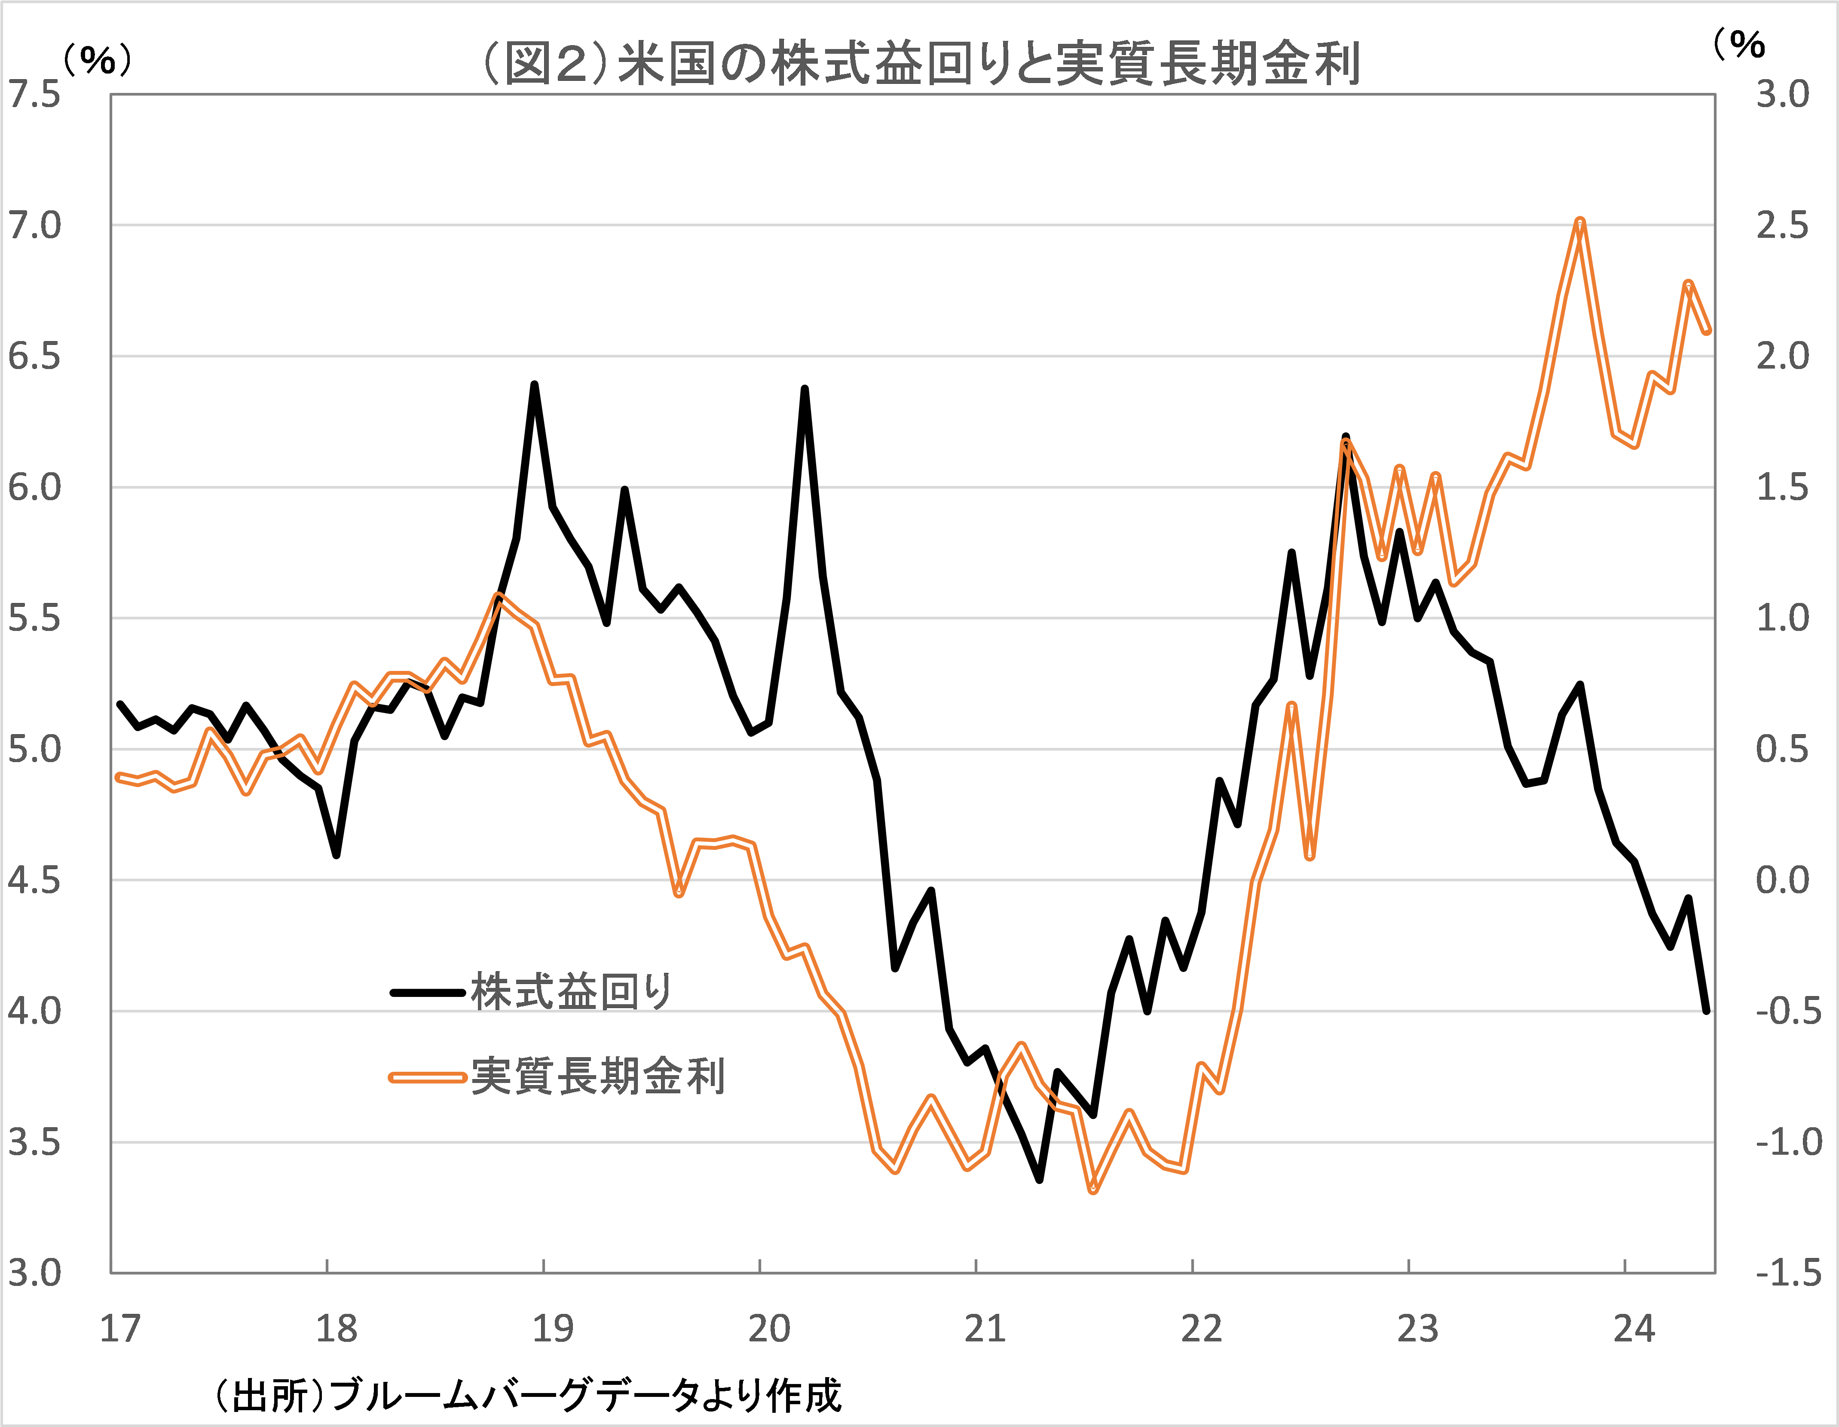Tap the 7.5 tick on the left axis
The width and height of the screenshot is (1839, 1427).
pyautogui.click(x=34, y=94)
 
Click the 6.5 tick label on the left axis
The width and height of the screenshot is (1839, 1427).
pyautogui.click(x=34, y=357)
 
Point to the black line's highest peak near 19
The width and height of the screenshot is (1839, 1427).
pyautogui.click(x=534, y=385)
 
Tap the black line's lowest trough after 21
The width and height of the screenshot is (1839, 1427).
pyautogui.click(x=1040, y=1179)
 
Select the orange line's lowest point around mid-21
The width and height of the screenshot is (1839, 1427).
pyautogui.click(x=1093, y=1190)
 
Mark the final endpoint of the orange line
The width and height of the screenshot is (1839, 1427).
pyautogui.click(x=1707, y=331)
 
